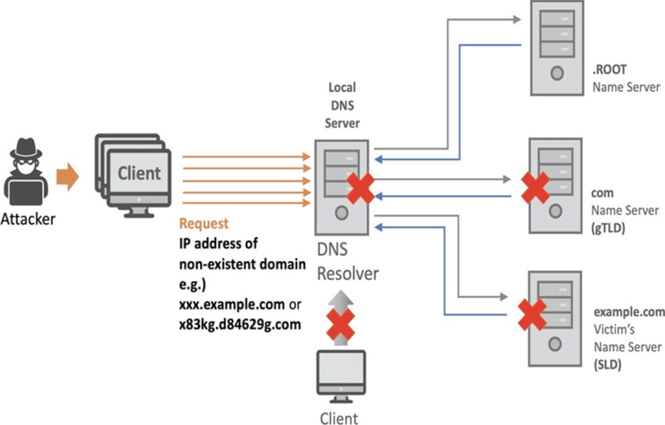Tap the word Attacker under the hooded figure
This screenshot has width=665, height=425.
[x=27, y=219]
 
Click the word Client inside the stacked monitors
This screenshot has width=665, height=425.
[x=139, y=173]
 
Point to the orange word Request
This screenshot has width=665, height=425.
[x=204, y=224]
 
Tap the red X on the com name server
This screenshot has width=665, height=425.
[x=535, y=188]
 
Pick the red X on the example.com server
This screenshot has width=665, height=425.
[x=532, y=315]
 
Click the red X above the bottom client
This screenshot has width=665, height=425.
[x=341, y=324]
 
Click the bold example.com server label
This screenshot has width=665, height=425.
[x=629, y=312]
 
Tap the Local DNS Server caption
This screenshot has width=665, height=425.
[x=342, y=105]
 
